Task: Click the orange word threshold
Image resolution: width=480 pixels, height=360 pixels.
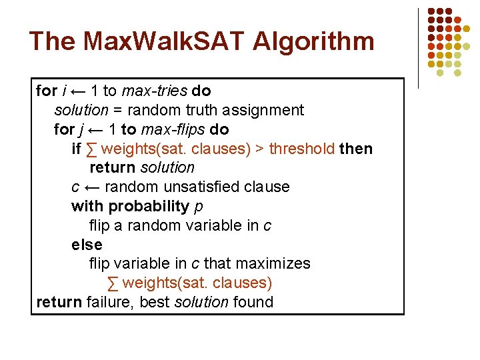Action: [x=302, y=149]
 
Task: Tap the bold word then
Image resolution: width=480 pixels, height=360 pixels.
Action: [x=356, y=149]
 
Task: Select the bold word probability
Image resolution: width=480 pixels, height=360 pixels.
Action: [x=149, y=206]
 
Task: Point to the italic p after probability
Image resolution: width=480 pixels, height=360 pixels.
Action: [x=199, y=207]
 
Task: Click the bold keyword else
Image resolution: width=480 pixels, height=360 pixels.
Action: [x=87, y=245]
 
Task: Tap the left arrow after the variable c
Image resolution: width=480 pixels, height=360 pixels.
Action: [x=91, y=187]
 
